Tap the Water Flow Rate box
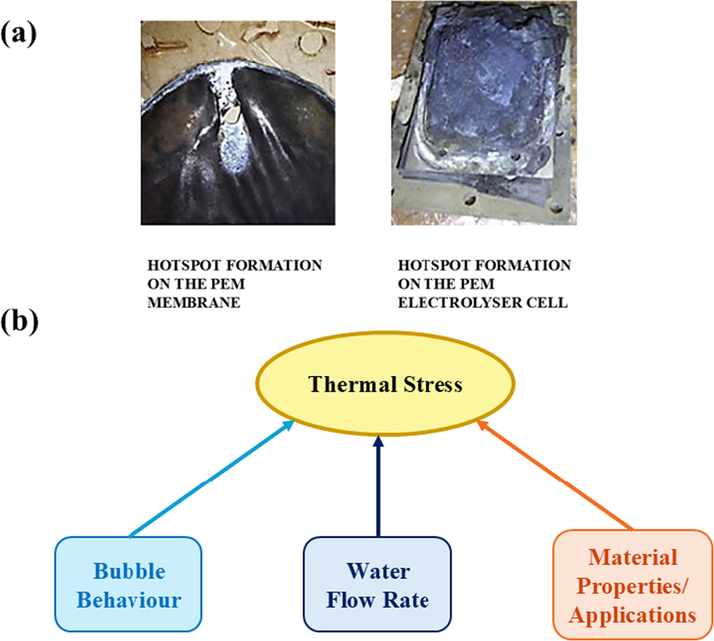coord(377,585)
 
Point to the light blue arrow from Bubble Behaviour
coord(212,479)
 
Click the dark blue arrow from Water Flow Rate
coord(378,486)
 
